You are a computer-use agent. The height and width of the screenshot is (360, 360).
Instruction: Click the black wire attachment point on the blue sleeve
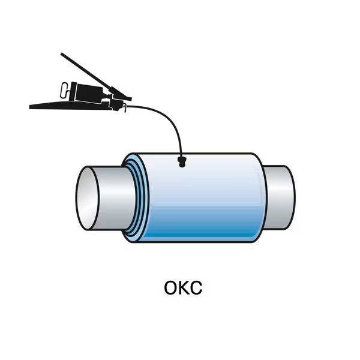182,161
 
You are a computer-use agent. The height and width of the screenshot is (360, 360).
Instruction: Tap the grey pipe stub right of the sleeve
280,196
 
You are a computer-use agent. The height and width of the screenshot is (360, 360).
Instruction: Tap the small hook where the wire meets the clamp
124,107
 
